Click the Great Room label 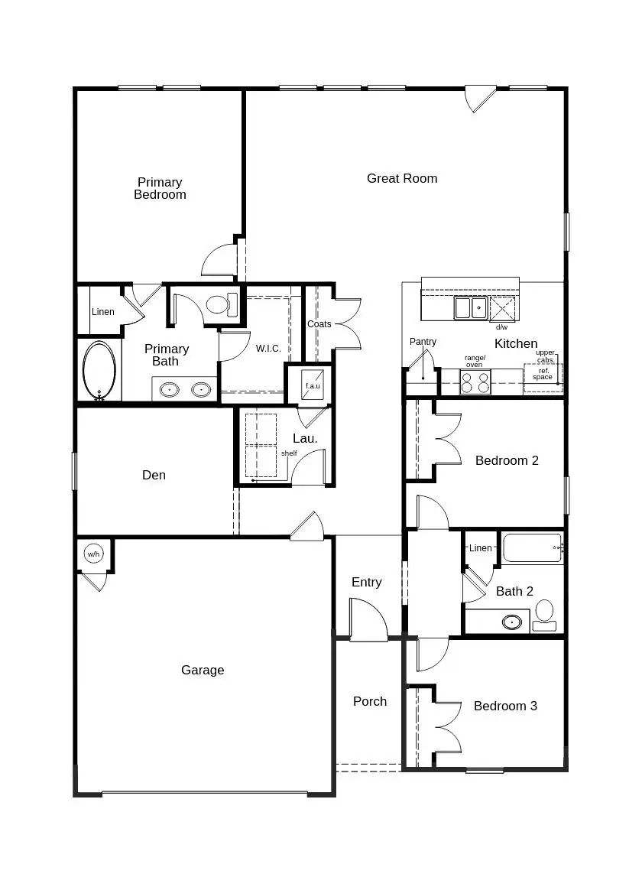(402, 178)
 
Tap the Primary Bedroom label (160, 188)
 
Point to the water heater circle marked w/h (93, 554)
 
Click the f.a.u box (313, 385)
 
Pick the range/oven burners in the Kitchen (475, 382)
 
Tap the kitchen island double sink (470, 308)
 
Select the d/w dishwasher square (502, 310)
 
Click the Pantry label (423, 342)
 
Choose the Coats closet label (319, 324)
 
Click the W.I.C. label (268, 349)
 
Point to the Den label (154, 475)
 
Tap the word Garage (203, 670)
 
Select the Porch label (370, 701)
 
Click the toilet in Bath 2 (544, 614)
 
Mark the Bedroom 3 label (505, 706)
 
